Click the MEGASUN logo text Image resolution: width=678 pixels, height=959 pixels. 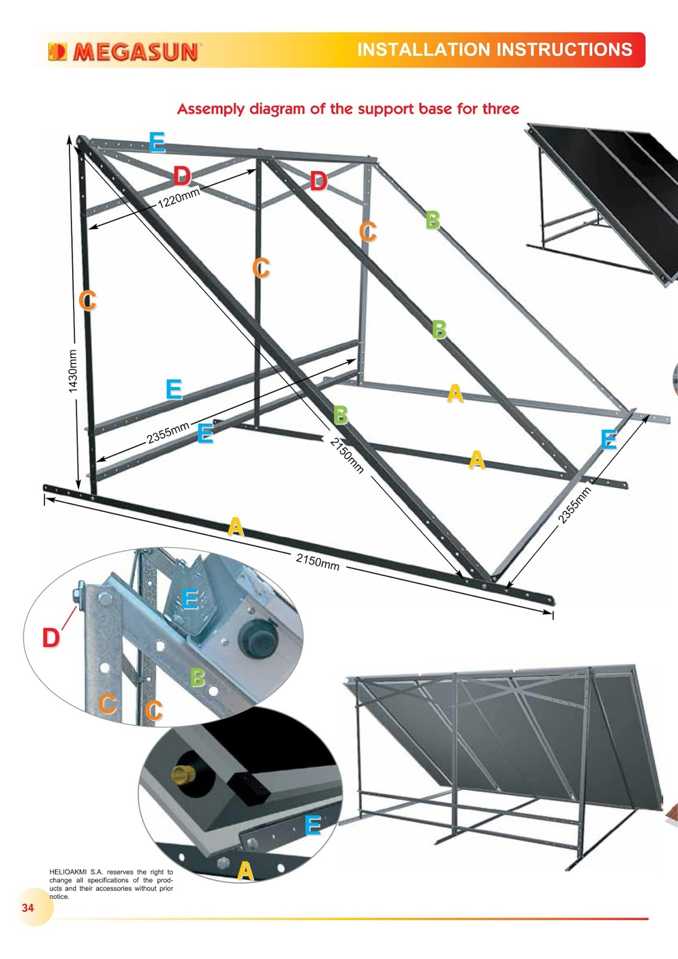pyautogui.click(x=135, y=52)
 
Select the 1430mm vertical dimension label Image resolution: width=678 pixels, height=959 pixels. pyautogui.click(x=73, y=371)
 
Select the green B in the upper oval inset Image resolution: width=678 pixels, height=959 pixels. pyautogui.click(x=197, y=677)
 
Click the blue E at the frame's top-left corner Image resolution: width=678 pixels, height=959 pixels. pyautogui.click(x=157, y=141)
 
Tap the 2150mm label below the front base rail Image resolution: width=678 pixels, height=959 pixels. pyautogui.click(x=317, y=562)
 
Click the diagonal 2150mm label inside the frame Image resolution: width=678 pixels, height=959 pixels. pyautogui.click(x=347, y=456)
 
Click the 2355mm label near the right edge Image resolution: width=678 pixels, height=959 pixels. pyautogui.click(x=575, y=505)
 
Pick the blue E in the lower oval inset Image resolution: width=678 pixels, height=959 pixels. pyautogui.click(x=313, y=825)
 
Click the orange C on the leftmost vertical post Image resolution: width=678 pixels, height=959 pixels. pyautogui.click(x=88, y=300)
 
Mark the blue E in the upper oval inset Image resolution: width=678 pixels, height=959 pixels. pyautogui.click(x=190, y=599)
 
